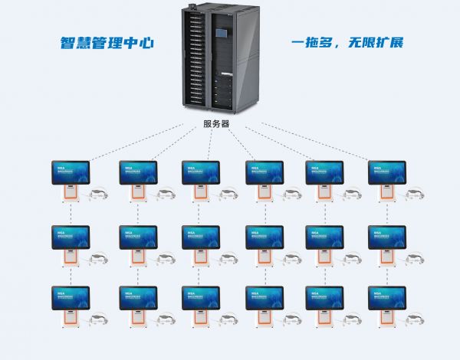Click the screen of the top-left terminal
[x=71, y=172]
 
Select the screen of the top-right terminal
[x=386, y=172]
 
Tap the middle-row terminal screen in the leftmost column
[x=71, y=237]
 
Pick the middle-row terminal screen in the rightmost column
[x=386, y=237]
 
